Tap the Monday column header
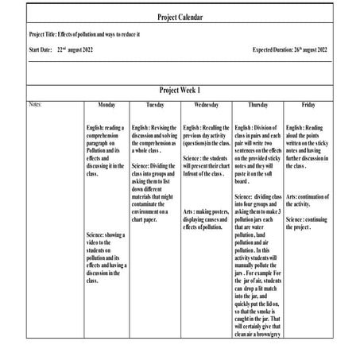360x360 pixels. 106,104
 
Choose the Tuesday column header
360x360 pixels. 155,104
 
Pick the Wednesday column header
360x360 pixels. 206,104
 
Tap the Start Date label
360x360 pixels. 40,49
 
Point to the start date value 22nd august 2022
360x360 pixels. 80,49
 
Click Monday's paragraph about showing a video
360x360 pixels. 106,257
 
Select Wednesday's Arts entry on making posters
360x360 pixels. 206,219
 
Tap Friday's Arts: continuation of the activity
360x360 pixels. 308,200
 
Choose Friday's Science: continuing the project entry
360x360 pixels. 308,223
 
